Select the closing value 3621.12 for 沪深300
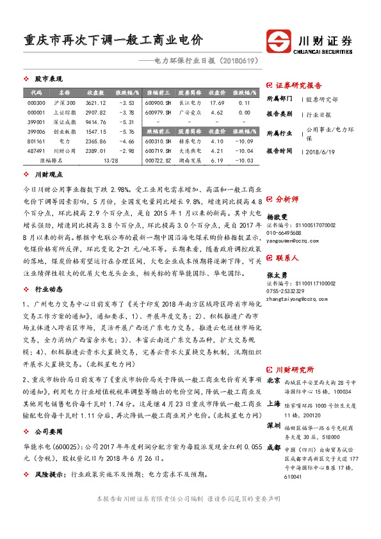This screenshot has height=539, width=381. pos(95,102)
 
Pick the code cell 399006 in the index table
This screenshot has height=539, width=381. pos(36,131)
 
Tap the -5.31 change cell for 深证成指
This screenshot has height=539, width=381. pos(126,122)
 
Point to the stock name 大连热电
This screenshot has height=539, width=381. pos(190,150)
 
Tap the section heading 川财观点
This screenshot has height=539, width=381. pos(49,174)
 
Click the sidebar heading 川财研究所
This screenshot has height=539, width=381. pos(295,369)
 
